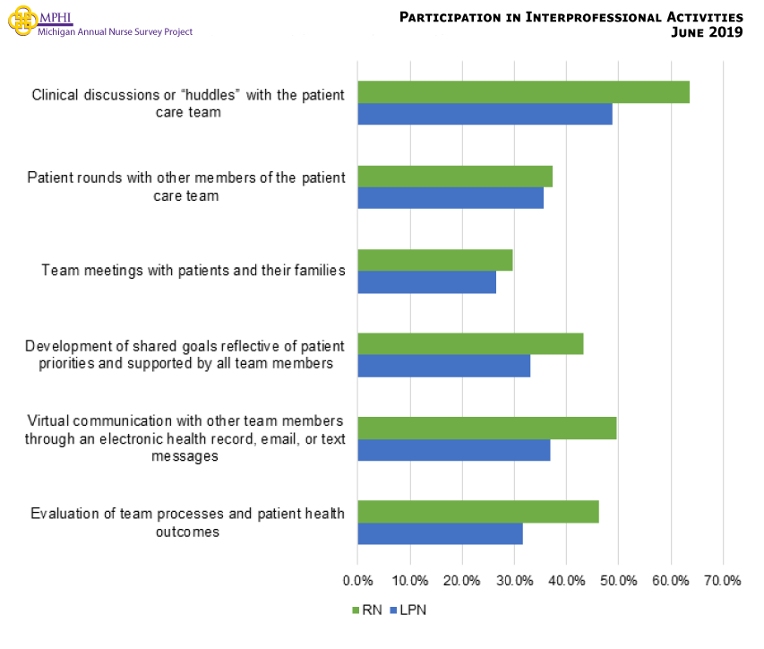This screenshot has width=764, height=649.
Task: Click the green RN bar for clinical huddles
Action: [523, 92]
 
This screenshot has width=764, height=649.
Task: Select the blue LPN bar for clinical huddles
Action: [485, 114]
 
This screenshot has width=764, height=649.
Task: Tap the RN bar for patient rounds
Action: [455, 177]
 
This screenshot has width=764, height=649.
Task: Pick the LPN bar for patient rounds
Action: [451, 198]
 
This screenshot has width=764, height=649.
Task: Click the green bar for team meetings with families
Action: [435, 260]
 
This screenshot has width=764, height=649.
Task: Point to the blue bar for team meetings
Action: [426, 281]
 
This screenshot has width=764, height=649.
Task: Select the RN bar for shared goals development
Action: [470, 343]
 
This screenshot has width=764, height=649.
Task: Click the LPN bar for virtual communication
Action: [453, 449]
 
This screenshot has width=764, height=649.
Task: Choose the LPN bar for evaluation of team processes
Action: [440, 533]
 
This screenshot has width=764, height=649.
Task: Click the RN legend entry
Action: [366, 610]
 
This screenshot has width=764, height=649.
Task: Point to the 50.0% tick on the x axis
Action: [618, 580]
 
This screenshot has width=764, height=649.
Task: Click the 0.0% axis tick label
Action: [357, 580]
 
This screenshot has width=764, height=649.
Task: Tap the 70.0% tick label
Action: [723, 580]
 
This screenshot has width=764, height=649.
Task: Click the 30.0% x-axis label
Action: [514, 580]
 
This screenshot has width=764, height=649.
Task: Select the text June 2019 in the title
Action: [707, 33]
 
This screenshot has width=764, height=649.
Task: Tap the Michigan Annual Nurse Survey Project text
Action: [115, 31]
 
